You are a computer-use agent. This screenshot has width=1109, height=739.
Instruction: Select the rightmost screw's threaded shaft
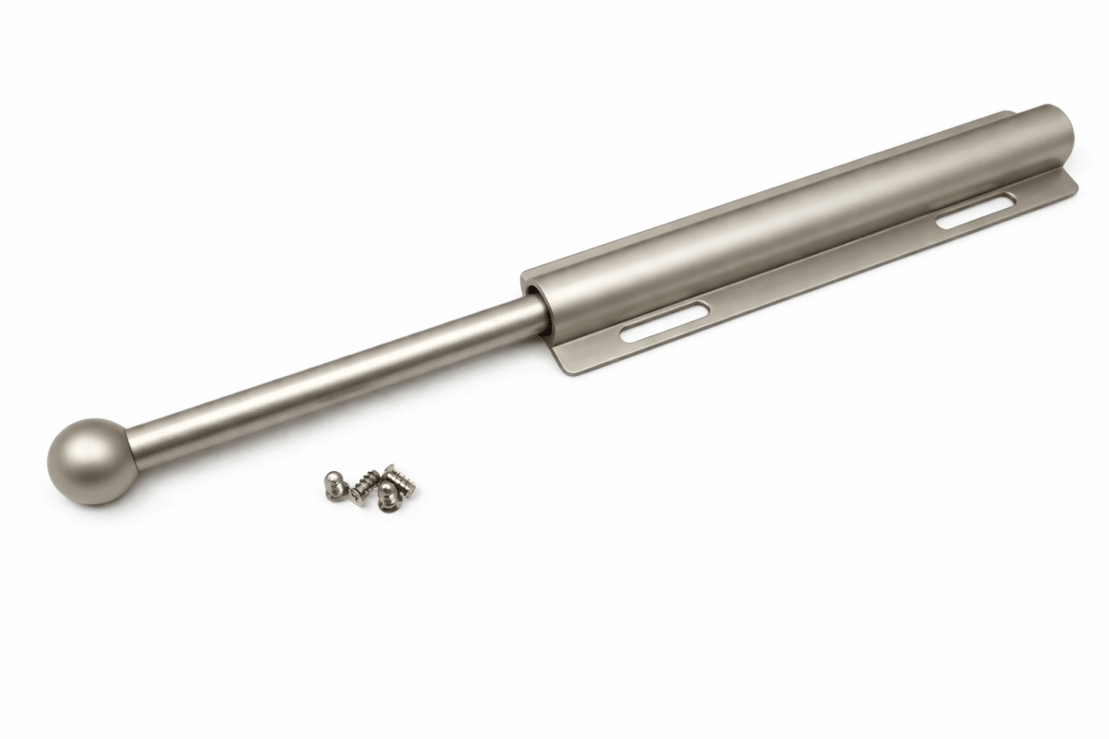click(x=401, y=483)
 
